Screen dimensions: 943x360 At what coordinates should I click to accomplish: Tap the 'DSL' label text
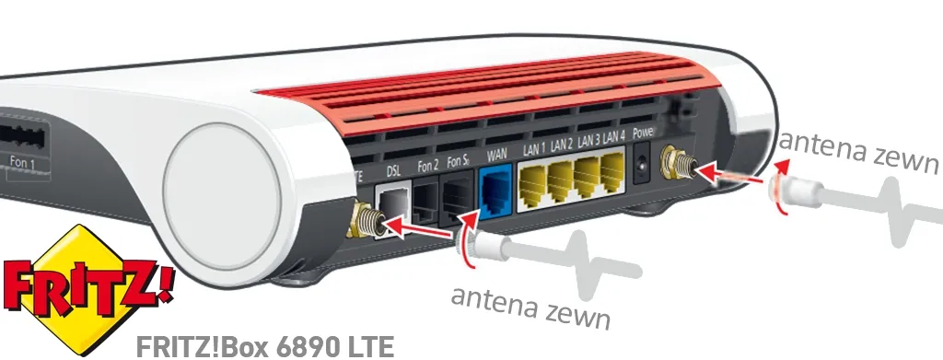(394, 169)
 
